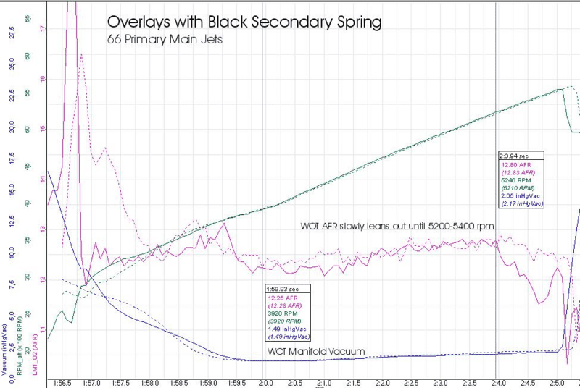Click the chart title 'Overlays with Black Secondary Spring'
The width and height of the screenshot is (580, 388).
click(x=244, y=22)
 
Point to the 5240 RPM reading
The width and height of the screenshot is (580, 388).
click(x=515, y=180)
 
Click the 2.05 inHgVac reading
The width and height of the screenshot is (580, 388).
click(x=521, y=196)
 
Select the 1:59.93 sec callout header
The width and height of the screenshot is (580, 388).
click(x=288, y=289)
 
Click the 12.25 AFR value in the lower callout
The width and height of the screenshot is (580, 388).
click(x=283, y=298)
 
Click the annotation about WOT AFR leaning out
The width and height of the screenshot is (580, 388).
click(x=397, y=227)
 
